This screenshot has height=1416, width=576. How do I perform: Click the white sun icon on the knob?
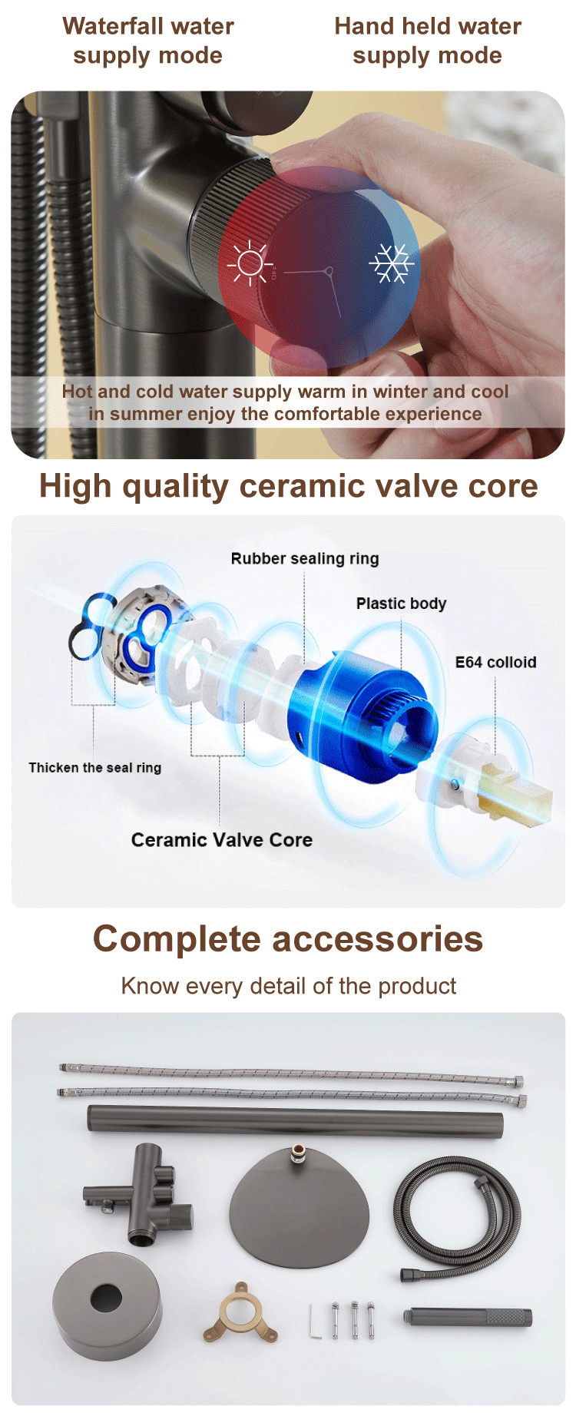[250, 263]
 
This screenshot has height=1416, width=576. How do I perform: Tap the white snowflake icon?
[392, 263]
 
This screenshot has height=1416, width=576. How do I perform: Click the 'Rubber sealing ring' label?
[305, 559]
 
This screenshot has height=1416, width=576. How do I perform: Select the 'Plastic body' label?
[401, 604]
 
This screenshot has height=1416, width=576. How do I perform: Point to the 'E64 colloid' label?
[495, 662]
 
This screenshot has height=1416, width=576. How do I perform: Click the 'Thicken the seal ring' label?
[95, 767]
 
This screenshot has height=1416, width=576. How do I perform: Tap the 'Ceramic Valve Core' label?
[222, 839]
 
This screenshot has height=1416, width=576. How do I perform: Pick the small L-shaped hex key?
[315, 1321]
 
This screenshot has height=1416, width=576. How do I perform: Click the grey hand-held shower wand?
[468, 1318]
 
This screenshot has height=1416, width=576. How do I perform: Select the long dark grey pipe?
[296, 1119]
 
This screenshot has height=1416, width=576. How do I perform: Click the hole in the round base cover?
[106, 1299]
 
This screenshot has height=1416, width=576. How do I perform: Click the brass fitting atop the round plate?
[296, 1156]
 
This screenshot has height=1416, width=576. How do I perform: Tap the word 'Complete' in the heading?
[177, 939]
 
